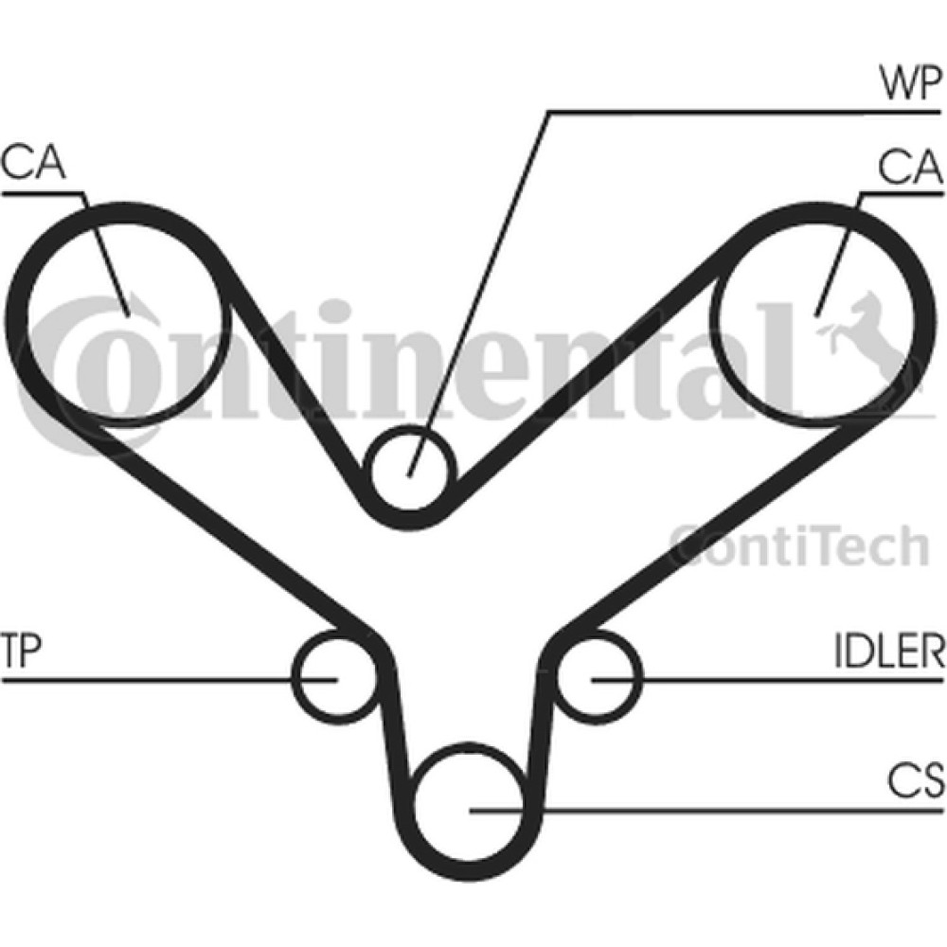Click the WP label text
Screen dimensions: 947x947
[x=910, y=83]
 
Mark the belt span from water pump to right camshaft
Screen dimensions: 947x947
[x=589, y=367]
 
